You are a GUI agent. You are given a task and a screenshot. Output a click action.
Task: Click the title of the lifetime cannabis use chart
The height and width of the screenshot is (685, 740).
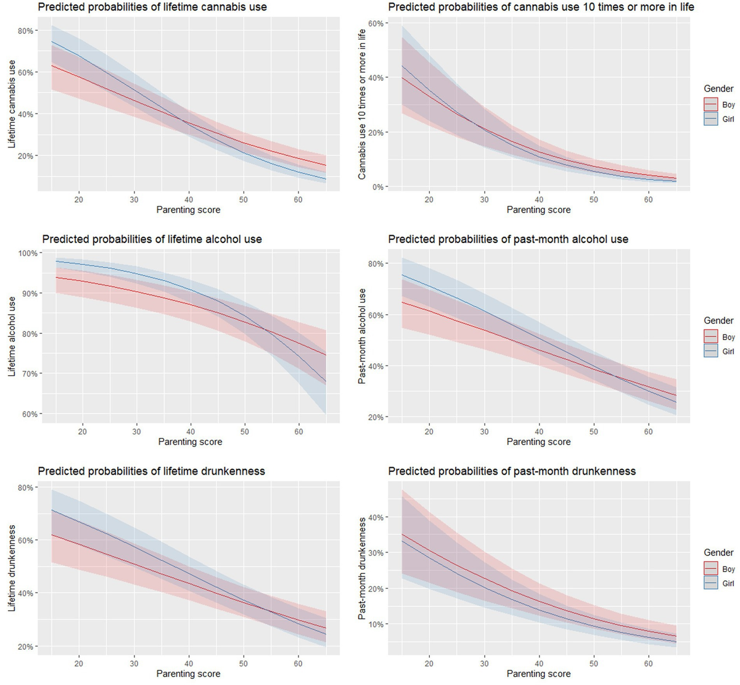(152, 7)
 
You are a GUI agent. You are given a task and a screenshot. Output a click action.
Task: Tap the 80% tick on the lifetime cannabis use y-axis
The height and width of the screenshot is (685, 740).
(26, 31)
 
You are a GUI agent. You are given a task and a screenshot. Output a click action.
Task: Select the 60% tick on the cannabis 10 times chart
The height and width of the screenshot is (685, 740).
(376, 23)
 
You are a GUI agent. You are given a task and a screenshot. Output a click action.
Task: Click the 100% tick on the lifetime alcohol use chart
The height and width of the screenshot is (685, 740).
(28, 253)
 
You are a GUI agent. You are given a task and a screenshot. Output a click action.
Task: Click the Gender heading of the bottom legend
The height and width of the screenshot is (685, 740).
(718, 553)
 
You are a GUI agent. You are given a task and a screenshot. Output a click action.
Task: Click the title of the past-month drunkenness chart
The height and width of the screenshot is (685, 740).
(512, 471)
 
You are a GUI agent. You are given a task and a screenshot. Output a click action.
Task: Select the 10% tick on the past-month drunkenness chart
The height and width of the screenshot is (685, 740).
(376, 625)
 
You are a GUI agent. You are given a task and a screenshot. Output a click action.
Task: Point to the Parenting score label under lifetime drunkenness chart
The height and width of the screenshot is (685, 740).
(188, 674)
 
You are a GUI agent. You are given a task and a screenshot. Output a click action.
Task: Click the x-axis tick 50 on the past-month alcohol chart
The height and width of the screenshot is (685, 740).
(593, 431)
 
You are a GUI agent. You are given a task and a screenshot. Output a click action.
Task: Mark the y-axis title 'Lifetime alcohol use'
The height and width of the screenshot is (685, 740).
(12, 336)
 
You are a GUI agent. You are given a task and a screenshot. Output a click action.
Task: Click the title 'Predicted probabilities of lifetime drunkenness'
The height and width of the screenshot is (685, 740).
(152, 471)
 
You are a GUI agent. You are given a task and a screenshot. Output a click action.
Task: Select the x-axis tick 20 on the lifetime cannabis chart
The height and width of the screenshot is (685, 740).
(79, 199)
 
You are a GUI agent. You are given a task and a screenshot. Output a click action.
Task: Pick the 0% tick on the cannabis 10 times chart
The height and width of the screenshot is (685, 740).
(378, 187)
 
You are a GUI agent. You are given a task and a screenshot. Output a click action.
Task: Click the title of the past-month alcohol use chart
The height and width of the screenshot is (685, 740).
(508, 239)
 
